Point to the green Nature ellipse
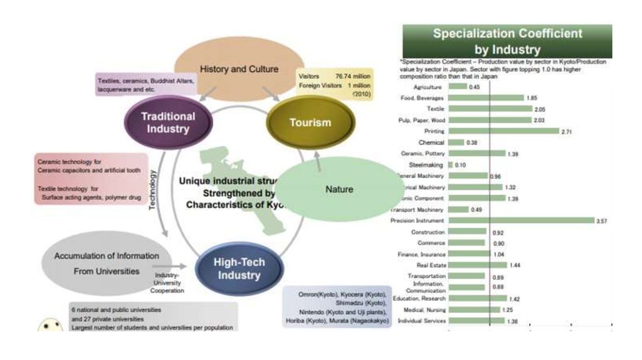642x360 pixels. [339, 189]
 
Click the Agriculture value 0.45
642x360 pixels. [474, 87]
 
